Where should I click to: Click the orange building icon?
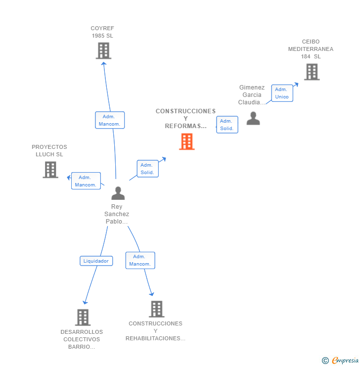(x=186, y=141)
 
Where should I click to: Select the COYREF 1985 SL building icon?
(x=103, y=50)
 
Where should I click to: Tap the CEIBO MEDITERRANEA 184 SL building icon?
(x=312, y=72)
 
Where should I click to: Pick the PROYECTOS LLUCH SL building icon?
(x=50, y=170)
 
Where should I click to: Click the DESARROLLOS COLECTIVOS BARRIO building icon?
(x=83, y=318)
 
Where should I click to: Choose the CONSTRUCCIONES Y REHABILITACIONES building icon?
(x=157, y=309)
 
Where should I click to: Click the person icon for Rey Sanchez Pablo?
(x=118, y=193)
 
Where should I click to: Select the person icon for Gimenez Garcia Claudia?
(x=253, y=118)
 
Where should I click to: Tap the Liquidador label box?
(x=96, y=261)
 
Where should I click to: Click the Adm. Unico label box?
(x=282, y=93)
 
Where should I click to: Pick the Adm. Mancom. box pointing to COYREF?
(x=110, y=120)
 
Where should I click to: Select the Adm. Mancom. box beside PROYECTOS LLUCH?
(x=86, y=181)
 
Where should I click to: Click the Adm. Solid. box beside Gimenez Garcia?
(x=227, y=125)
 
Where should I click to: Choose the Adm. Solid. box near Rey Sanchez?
(x=148, y=169)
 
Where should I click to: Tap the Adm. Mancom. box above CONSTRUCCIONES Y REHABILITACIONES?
(x=140, y=260)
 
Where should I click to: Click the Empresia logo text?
(x=345, y=360)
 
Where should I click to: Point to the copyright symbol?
(x=325, y=361)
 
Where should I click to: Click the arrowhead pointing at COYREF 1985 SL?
(x=104, y=63)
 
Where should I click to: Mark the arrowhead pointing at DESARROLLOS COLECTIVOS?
(x=85, y=303)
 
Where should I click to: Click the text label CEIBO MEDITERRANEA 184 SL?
(x=311, y=49)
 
